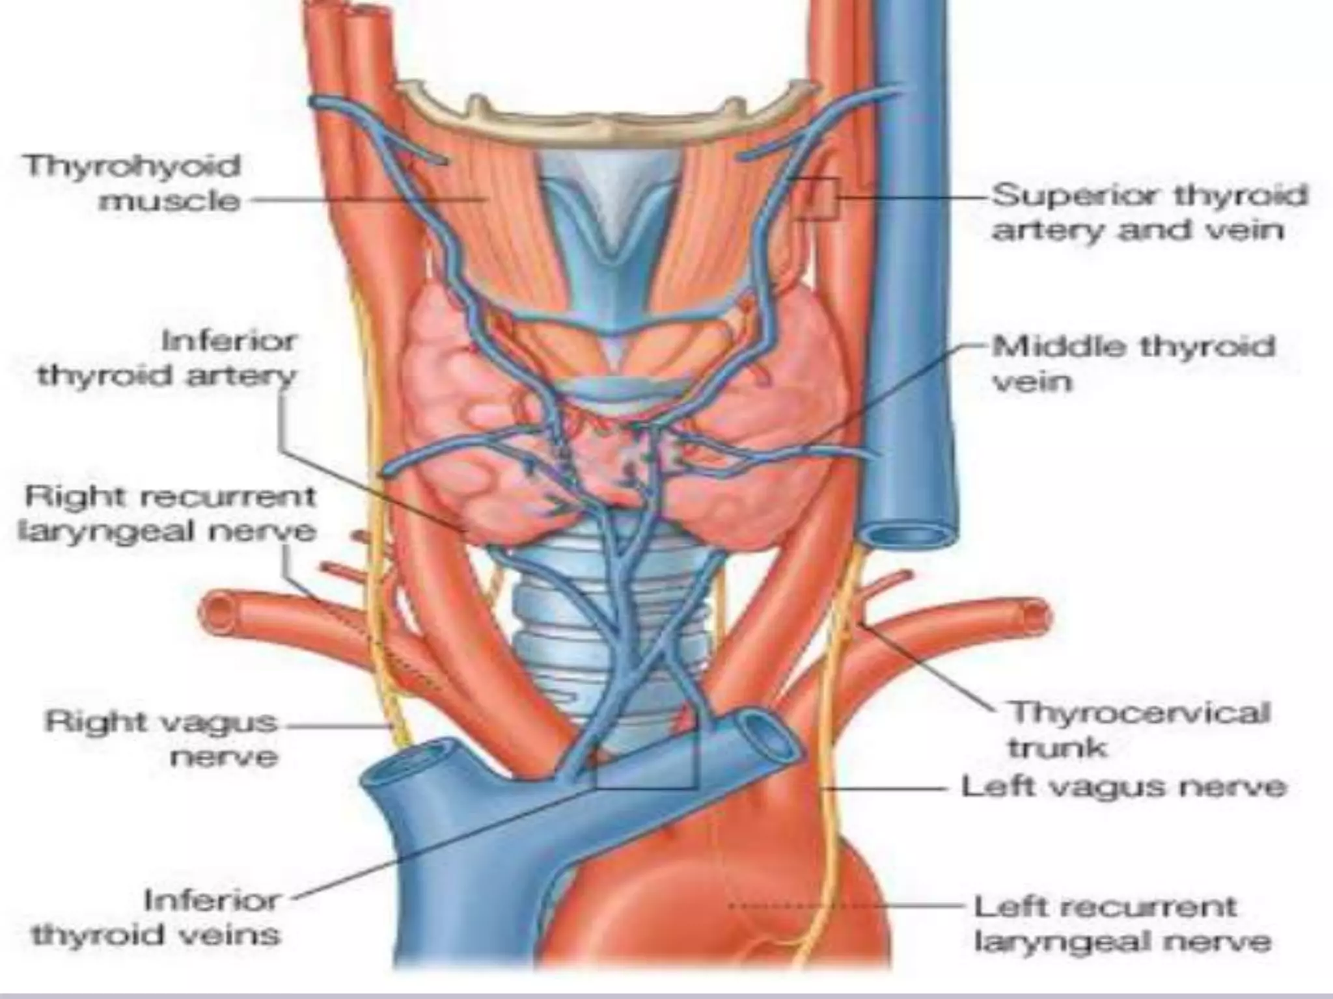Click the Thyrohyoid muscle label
coord(133,183)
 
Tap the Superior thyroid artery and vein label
coord(1149,212)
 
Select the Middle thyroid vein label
coord(1133,363)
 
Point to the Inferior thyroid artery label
coord(167,358)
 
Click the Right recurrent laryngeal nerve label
coord(167,514)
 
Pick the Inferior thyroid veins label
coord(156,918)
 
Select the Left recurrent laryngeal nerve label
coord(1121,924)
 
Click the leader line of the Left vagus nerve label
coord(885,788)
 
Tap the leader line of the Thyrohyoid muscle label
coord(364,200)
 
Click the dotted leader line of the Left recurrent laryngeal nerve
coord(846,905)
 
